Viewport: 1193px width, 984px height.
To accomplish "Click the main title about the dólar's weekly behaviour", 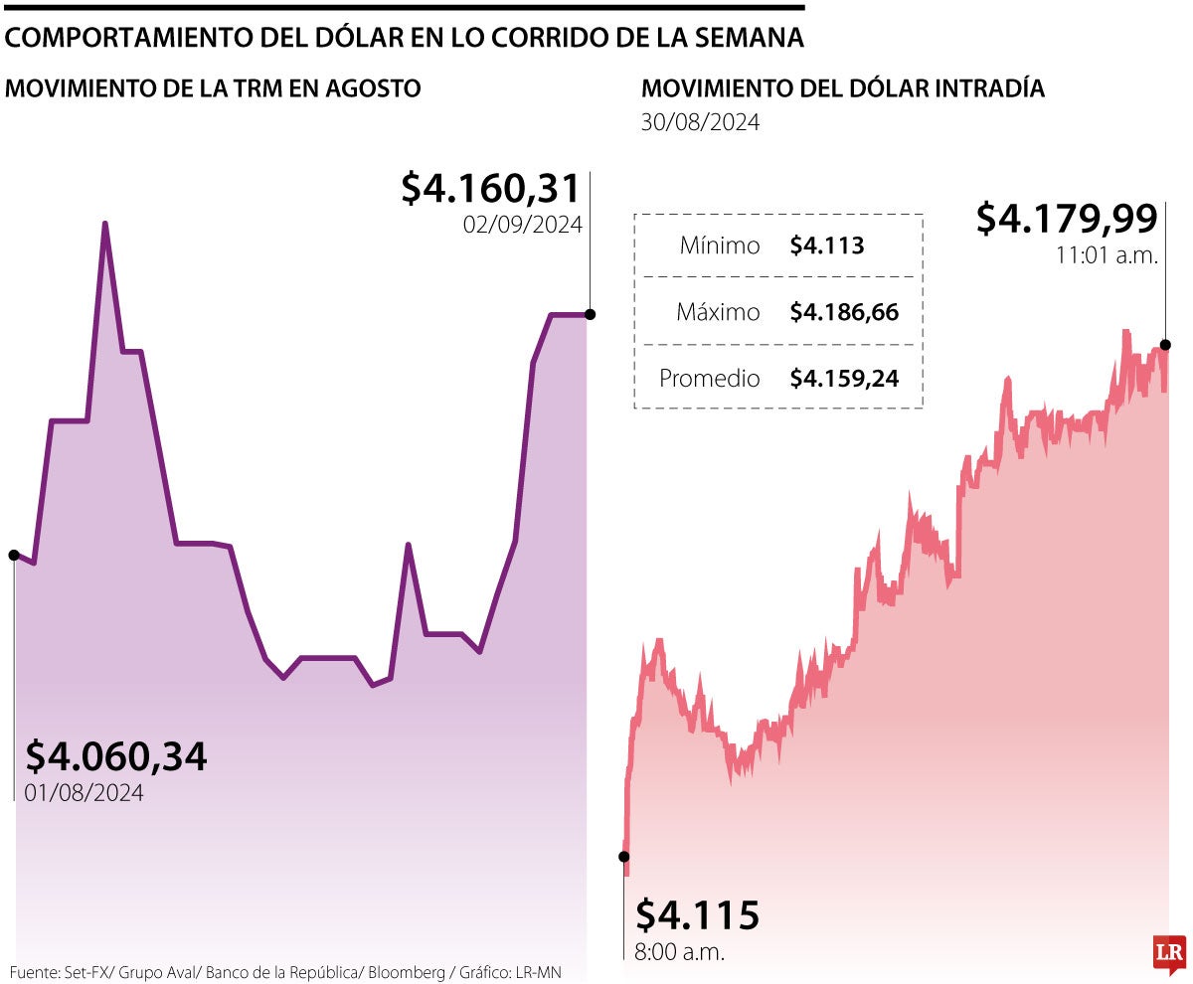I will [x=405, y=39].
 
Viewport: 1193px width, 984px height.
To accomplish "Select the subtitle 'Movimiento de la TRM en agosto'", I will [x=214, y=88].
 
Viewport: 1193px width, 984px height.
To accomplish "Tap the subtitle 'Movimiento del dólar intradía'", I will [x=843, y=88].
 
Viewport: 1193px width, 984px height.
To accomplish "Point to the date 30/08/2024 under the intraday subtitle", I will [x=701, y=123].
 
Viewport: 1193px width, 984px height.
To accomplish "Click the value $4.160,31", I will [x=491, y=188].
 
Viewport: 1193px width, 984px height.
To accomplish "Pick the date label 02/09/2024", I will [x=522, y=225].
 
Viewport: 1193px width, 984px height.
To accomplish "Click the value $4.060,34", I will [x=116, y=756].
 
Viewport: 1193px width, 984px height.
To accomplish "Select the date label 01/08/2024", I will [x=85, y=793].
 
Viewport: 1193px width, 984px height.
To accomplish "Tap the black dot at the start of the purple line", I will [x=14, y=555].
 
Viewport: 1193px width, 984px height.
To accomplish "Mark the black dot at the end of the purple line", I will [x=591, y=314].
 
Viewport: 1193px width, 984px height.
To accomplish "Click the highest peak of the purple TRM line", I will [x=105, y=225].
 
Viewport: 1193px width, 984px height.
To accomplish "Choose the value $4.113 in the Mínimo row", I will [x=827, y=246].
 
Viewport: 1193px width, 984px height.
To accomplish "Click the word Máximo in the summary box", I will [x=718, y=312].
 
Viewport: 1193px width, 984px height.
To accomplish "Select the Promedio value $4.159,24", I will [x=844, y=379].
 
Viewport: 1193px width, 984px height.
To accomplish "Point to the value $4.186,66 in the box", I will [x=844, y=312].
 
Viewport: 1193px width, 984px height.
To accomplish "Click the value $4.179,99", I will [x=1067, y=218].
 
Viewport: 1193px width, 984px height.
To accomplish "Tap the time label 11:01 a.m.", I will [x=1108, y=254].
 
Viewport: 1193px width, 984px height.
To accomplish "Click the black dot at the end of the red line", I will [x=1165, y=345].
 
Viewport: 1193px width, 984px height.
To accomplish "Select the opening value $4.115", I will [x=697, y=913].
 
